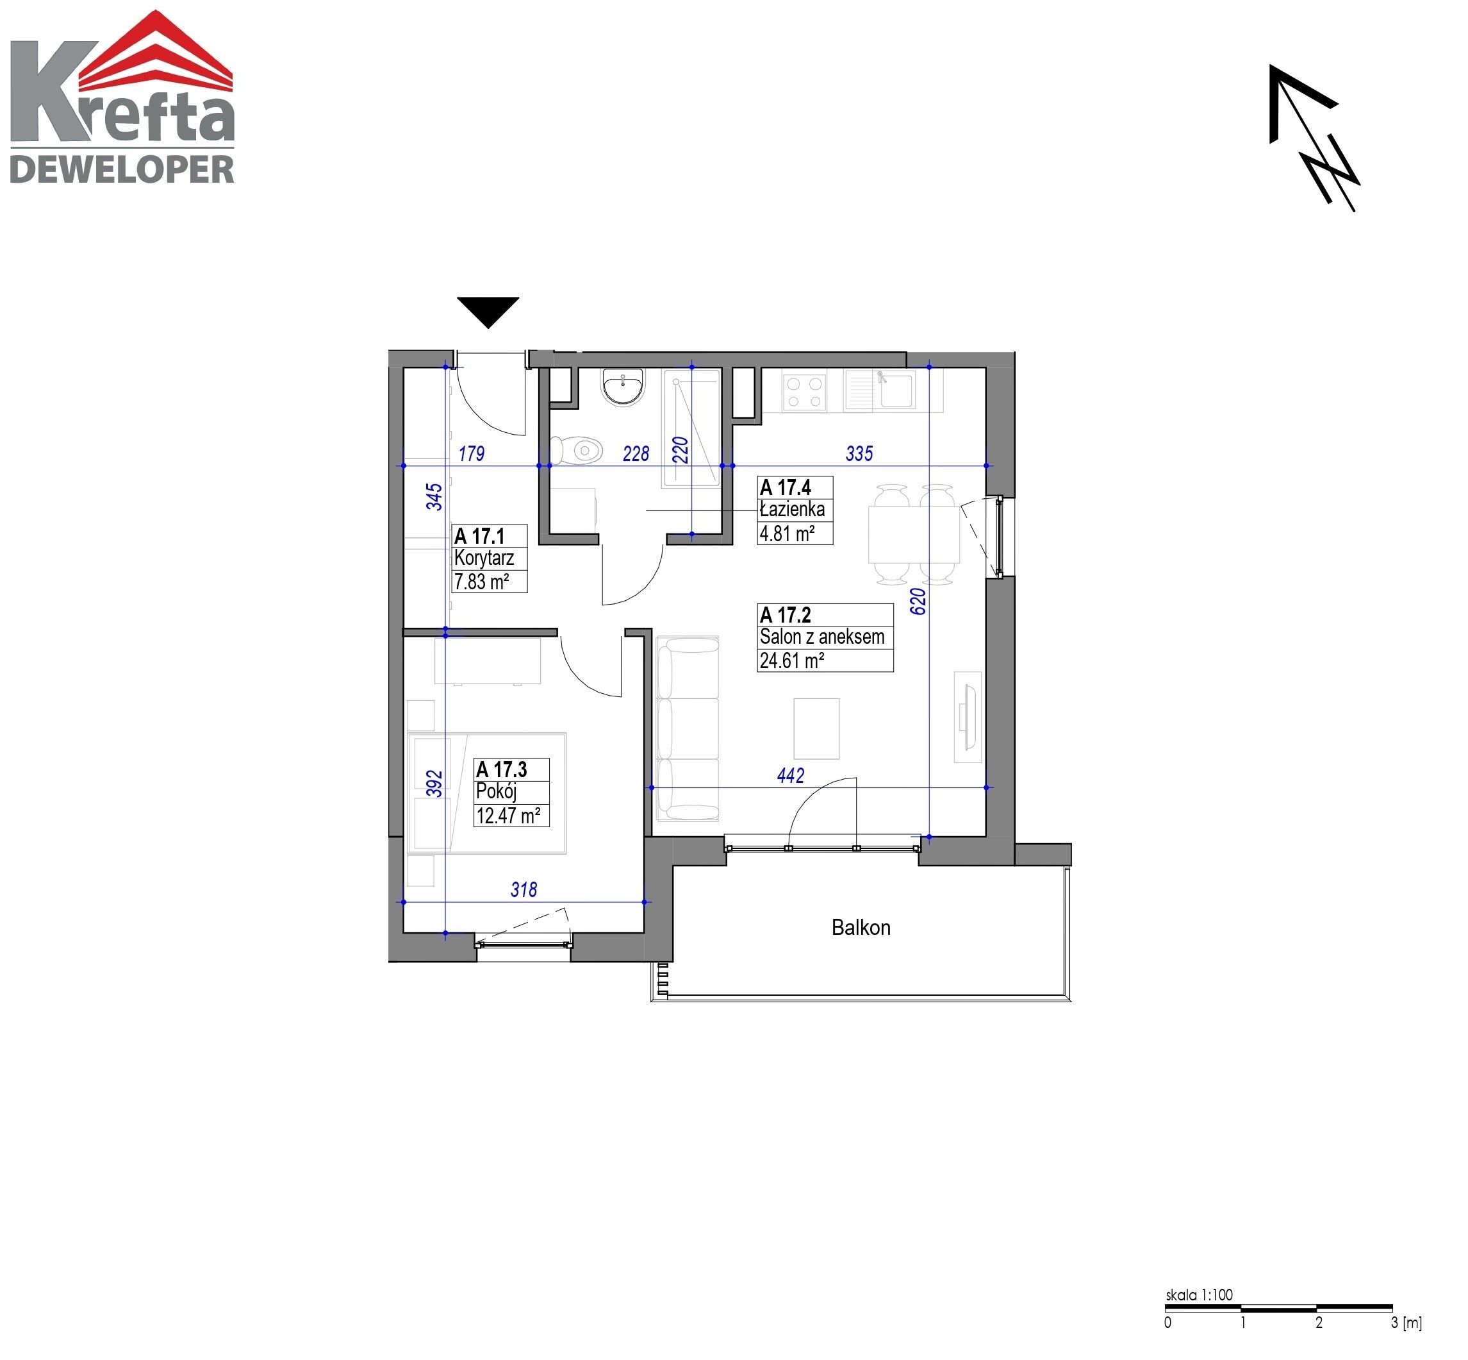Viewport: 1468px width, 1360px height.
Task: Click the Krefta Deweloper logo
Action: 122,97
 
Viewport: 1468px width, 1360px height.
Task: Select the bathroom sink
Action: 622,387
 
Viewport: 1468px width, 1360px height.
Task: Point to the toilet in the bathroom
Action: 577,449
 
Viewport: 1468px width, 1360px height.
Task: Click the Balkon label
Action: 861,927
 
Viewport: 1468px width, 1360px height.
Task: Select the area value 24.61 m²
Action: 791,660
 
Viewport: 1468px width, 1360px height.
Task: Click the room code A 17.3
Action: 502,770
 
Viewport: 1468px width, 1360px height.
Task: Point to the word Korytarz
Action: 484,558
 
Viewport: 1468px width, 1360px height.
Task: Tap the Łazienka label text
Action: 792,509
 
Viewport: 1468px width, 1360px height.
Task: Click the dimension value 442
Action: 791,775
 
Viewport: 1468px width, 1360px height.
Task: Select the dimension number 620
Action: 918,601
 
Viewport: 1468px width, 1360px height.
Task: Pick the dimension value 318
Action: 524,890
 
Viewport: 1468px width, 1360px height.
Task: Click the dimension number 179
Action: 472,453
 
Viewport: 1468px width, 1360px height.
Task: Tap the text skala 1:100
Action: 1199,1295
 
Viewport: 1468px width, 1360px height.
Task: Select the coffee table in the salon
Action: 816,728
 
